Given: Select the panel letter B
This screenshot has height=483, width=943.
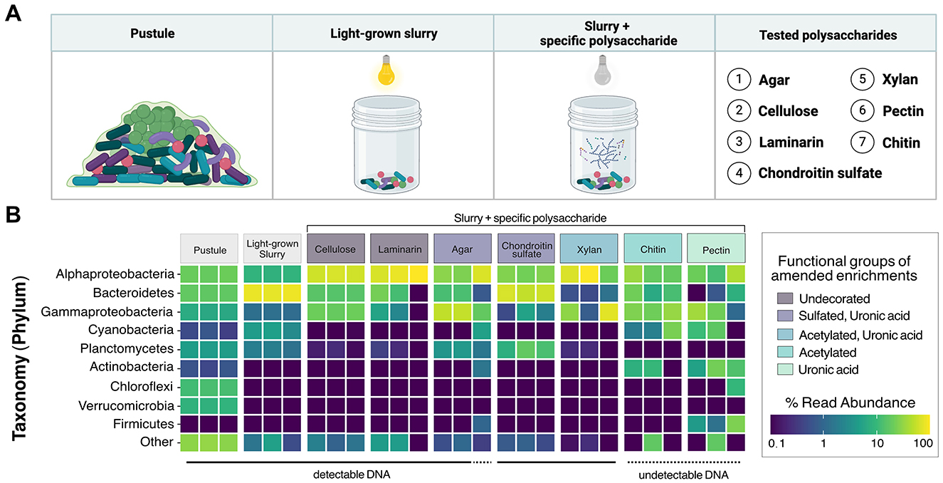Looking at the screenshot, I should pyautogui.click(x=14, y=214).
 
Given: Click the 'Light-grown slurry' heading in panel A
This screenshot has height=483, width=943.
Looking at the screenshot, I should pyautogui.click(x=384, y=34).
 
